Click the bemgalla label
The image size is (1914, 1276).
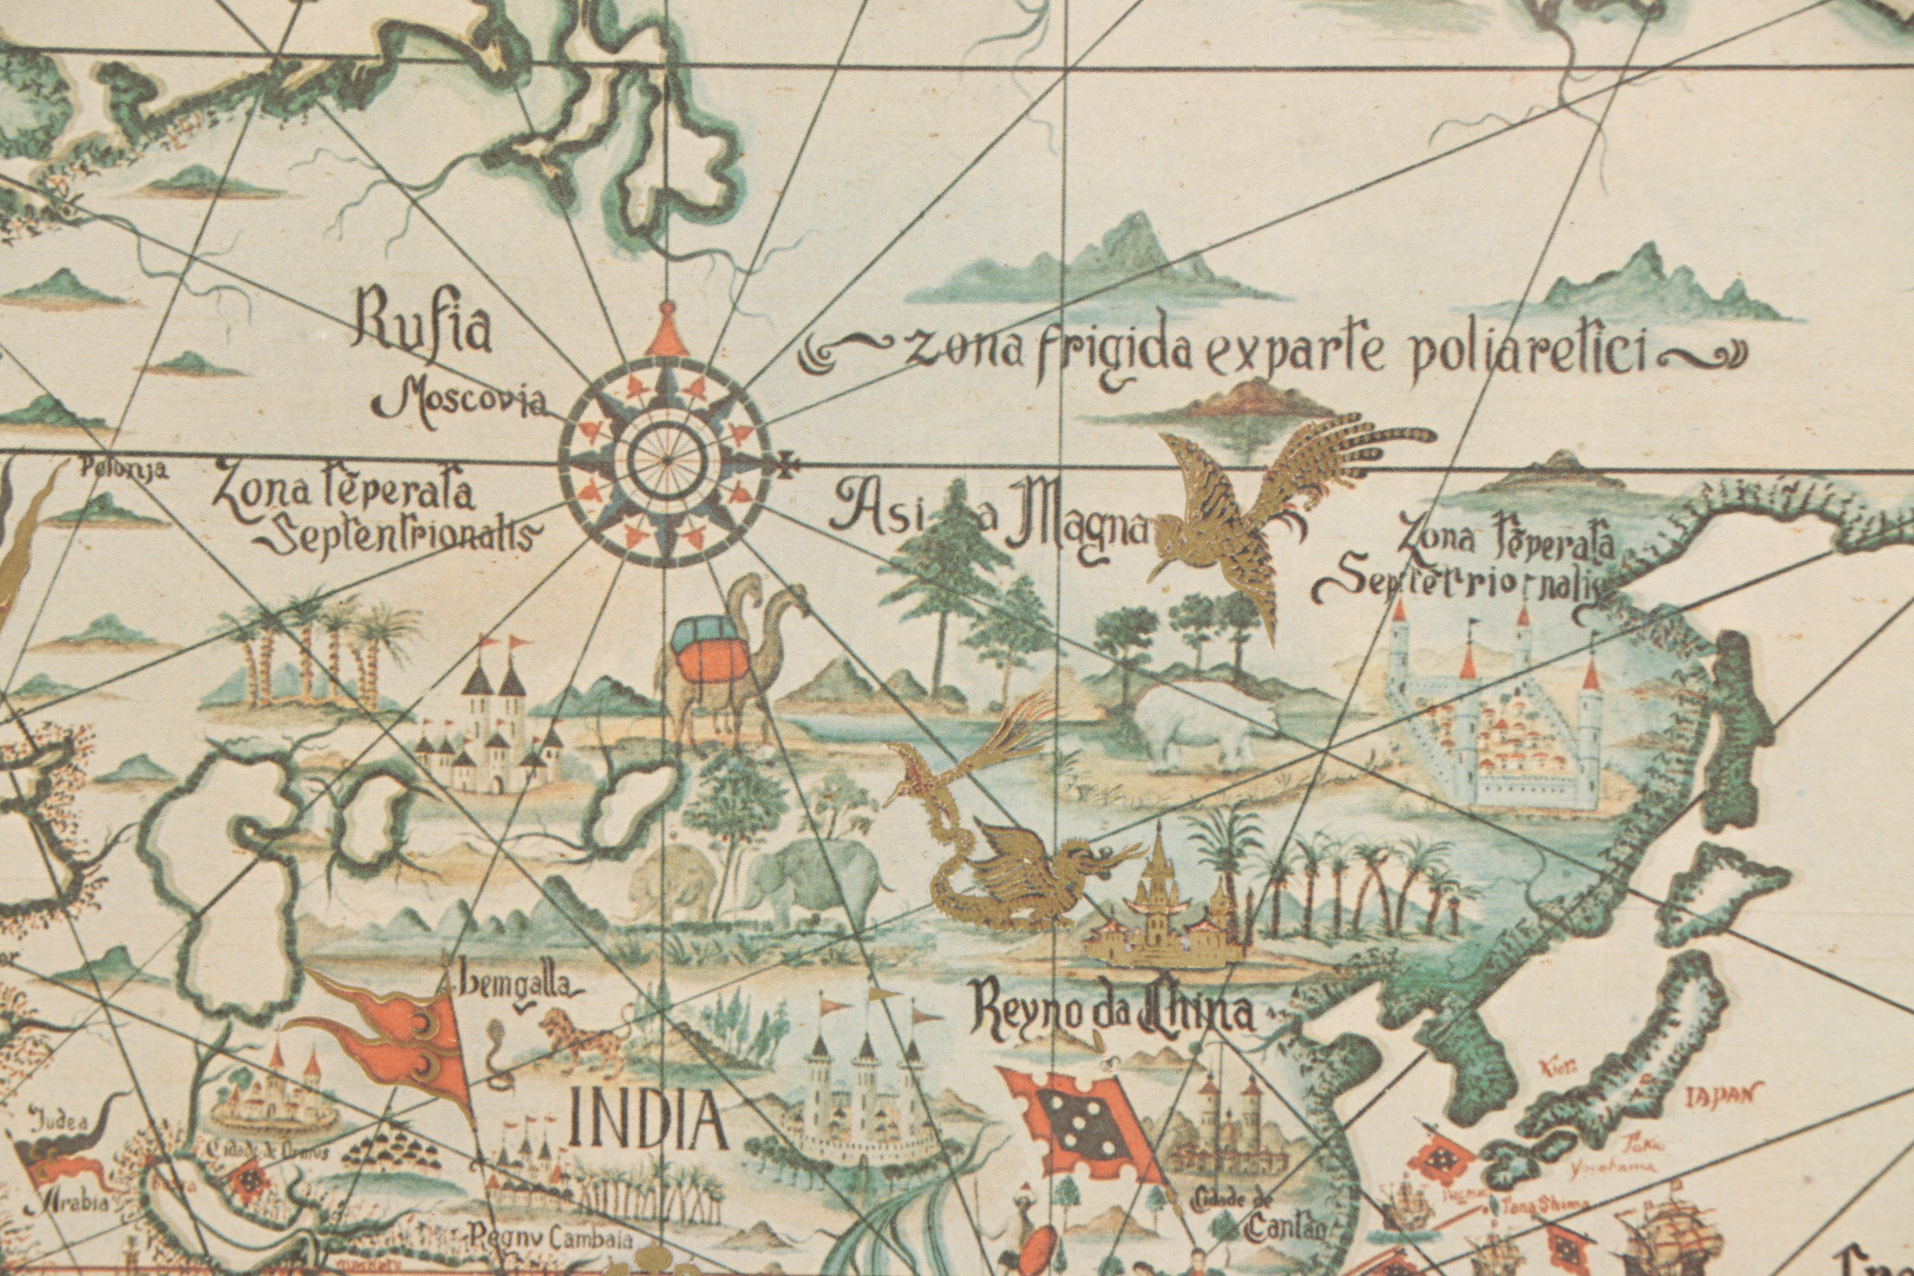click(x=521, y=988)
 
